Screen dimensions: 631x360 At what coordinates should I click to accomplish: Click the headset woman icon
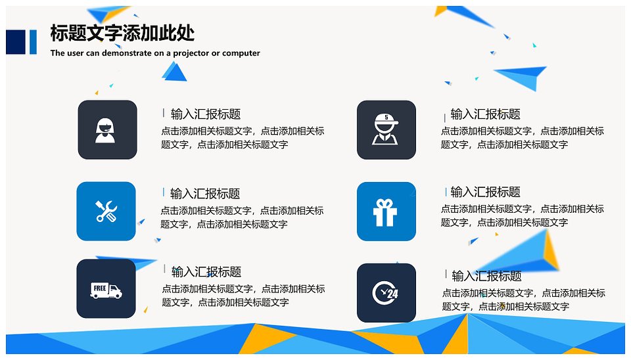105,130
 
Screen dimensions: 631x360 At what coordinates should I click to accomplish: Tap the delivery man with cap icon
386,129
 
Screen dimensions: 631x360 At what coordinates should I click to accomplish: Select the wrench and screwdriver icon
106,211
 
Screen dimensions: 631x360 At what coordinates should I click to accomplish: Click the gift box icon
385,212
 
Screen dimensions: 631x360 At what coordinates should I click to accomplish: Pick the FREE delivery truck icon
106,290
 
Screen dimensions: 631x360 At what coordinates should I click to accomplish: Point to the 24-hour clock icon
385,293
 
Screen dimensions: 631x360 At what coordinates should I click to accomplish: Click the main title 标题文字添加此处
122,33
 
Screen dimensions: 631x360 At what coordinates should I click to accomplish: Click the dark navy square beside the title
16,42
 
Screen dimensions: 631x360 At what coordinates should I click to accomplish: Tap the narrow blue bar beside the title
33,42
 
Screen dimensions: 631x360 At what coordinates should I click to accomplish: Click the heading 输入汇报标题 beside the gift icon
485,192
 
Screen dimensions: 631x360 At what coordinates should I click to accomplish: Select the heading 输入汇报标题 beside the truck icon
206,272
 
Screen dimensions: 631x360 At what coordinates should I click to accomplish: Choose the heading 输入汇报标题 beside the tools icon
205,194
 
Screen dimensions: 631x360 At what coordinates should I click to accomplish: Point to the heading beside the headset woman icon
206,114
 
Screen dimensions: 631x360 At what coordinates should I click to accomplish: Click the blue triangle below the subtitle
174,72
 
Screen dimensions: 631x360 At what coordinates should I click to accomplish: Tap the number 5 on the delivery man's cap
386,118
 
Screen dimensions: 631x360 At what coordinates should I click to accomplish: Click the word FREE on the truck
99,288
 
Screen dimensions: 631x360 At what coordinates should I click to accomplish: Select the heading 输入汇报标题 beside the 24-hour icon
486,276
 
